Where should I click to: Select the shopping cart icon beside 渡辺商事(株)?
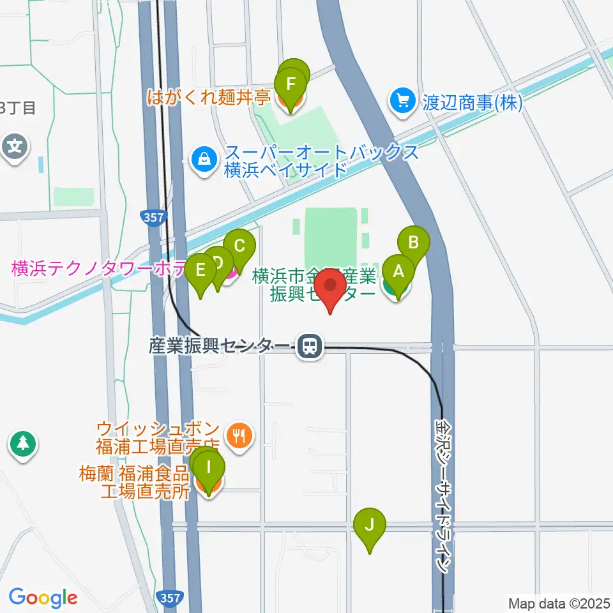point(403,101)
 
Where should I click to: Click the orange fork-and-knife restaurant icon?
point(240,437)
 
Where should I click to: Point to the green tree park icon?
point(23,443)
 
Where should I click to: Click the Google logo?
point(43,598)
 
